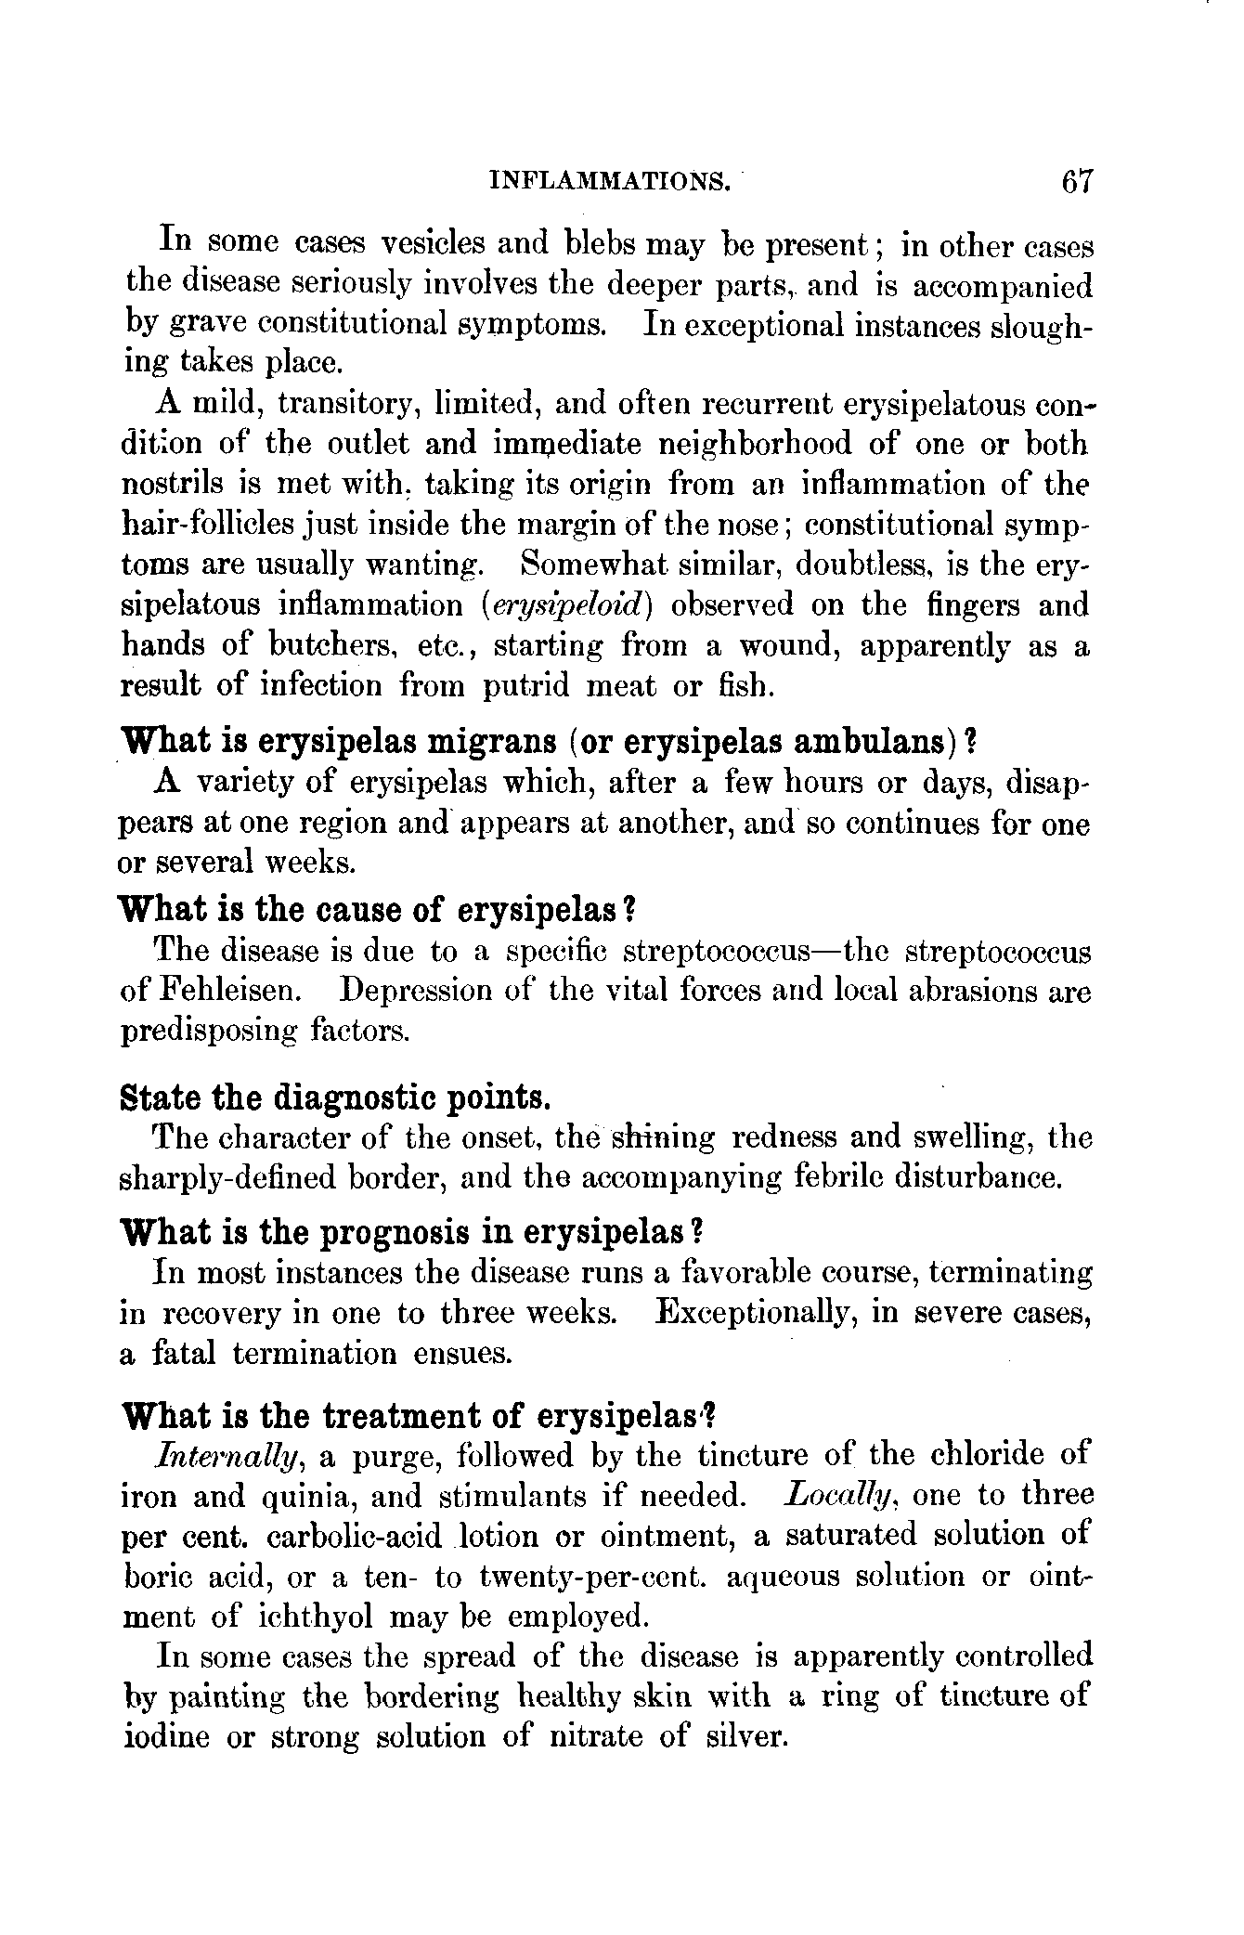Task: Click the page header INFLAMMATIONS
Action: coord(609,180)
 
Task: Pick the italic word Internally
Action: coord(230,1457)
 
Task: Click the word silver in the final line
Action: coord(744,1736)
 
